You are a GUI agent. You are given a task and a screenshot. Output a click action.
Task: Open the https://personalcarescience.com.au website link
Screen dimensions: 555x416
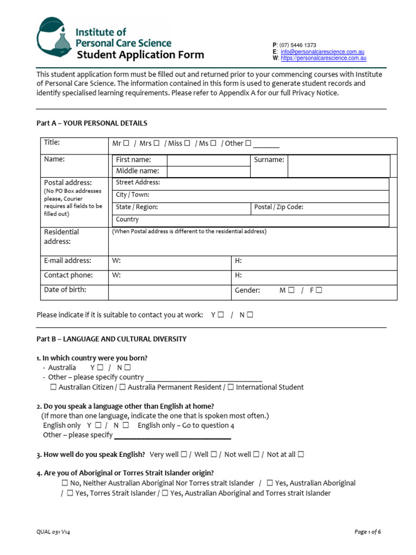[x=324, y=58]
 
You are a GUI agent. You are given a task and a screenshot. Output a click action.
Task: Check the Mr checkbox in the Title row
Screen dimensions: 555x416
[x=126, y=144]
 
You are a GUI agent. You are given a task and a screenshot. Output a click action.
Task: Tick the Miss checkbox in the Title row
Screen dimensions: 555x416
[x=187, y=144]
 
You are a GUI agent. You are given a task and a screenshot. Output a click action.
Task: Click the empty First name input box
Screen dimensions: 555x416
[x=209, y=160]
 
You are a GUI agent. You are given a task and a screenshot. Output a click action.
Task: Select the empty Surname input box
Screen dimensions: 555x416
[x=338, y=166]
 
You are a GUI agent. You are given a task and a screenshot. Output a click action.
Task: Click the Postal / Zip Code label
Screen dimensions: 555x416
[x=278, y=207]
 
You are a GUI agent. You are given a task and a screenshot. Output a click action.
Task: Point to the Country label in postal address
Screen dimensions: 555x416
[x=127, y=220]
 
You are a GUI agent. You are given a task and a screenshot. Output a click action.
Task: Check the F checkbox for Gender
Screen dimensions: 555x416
[x=318, y=291]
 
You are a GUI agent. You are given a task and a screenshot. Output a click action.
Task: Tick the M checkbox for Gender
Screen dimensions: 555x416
[x=291, y=291]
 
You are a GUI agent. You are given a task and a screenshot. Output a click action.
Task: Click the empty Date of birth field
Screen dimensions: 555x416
[x=170, y=292]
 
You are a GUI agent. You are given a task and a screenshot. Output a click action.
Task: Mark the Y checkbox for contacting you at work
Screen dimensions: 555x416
[x=221, y=315]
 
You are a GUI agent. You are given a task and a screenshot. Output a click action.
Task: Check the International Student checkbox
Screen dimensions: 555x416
[x=231, y=387]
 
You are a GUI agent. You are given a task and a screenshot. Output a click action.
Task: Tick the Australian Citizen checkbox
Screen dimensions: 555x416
[x=53, y=387]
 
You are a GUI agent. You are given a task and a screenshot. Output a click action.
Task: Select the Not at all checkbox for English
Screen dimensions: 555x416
[x=301, y=454]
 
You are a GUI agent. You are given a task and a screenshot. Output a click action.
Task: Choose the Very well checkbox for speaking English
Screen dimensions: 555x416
[x=184, y=454]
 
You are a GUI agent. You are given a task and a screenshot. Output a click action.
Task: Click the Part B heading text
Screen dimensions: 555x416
[x=111, y=339]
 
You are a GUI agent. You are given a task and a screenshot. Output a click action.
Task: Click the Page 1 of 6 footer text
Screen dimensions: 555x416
[x=368, y=532]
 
